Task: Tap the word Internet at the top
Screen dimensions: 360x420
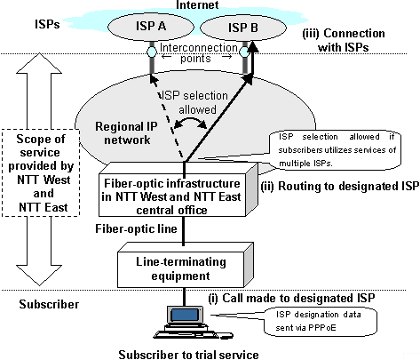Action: pyautogui.click(x=199, y=7)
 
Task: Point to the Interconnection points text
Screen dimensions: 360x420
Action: pyautogui.click(x=197, y=61)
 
